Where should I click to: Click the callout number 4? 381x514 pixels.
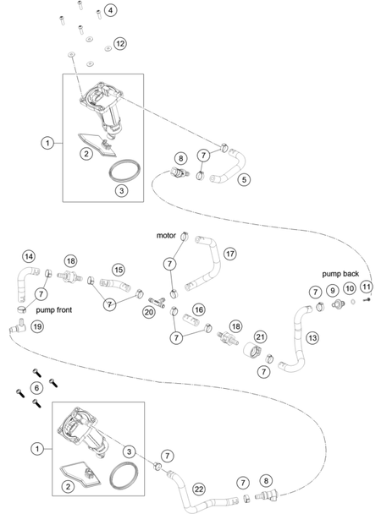pyautogui.click(x=111, y=10)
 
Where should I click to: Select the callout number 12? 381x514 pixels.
pyautogui.click(x=120, y=44)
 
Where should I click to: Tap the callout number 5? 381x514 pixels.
pyautogui.click(x=244, y=179)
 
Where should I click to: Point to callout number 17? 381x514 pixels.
pyautogui.click(x=230, y=254)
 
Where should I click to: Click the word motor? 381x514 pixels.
pyautogui.click(x=166, y=235)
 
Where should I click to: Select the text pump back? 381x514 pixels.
pyautogui.click(x=340, y=274)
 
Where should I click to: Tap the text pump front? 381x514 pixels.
pyautogui.click(x=54, y=310)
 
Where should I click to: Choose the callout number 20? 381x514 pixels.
pyautogui.click(x=149, y=311)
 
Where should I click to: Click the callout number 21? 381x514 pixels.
pyautogui.click(x=260, y=336)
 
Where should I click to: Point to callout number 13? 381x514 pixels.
pyautogui.click(x=312, y=337)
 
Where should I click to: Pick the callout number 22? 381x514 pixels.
pyautogui.click(x=199, y=489)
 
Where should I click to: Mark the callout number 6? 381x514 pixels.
pyautogui.click(x=36, y=388)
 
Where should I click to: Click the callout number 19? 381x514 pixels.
pyautogui.click(x=37, y=326)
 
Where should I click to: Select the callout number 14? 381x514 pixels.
pyautogui.click(x=29, y=256)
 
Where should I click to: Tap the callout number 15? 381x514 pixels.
pyautogui.click(x=119, y=270)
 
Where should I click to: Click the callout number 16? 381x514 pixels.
pyautogui.click(x=198, y=309)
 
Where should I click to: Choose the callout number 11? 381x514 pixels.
pyautogui.click(x=367, y=287)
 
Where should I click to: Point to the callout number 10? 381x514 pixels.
pyautogui.click(x=350, y=288)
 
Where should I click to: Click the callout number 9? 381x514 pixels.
pyautogui.click(x=333, y=291)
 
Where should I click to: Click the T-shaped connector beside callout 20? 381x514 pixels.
pyautogui.click(x=157, y=302)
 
